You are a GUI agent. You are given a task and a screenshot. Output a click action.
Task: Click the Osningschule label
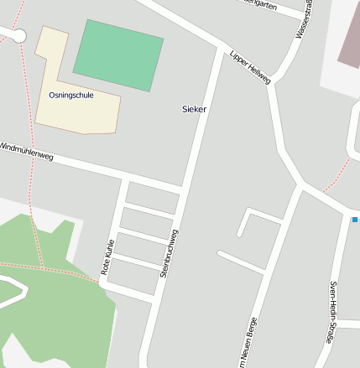tap(71, 96)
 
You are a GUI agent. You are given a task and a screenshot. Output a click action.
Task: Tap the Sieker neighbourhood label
tap(194, 109)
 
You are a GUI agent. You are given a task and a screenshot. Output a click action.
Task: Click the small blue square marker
tap(355, 220)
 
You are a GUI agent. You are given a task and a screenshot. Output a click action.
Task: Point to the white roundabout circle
tap(18, 36)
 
